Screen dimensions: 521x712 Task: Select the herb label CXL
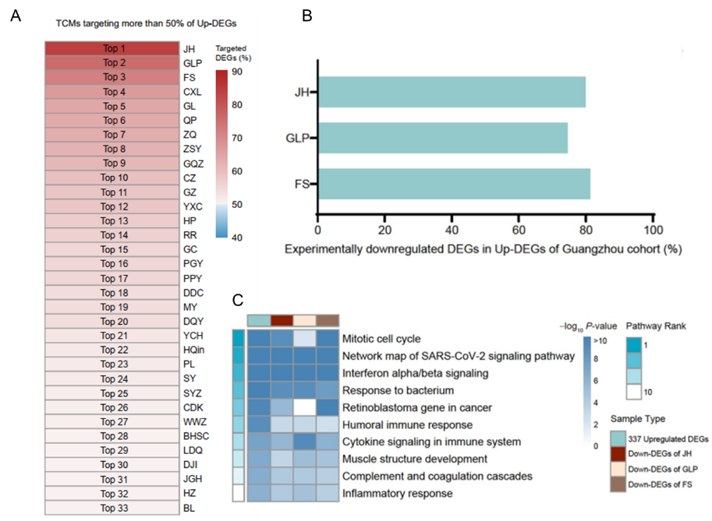[x=192, y=92]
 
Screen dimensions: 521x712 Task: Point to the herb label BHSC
[x=195, y=435]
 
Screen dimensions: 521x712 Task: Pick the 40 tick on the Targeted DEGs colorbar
[x=236, y=238]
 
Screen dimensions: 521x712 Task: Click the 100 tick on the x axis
[x=653, y=232]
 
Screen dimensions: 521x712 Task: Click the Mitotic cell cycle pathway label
[x=381, y=340]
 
